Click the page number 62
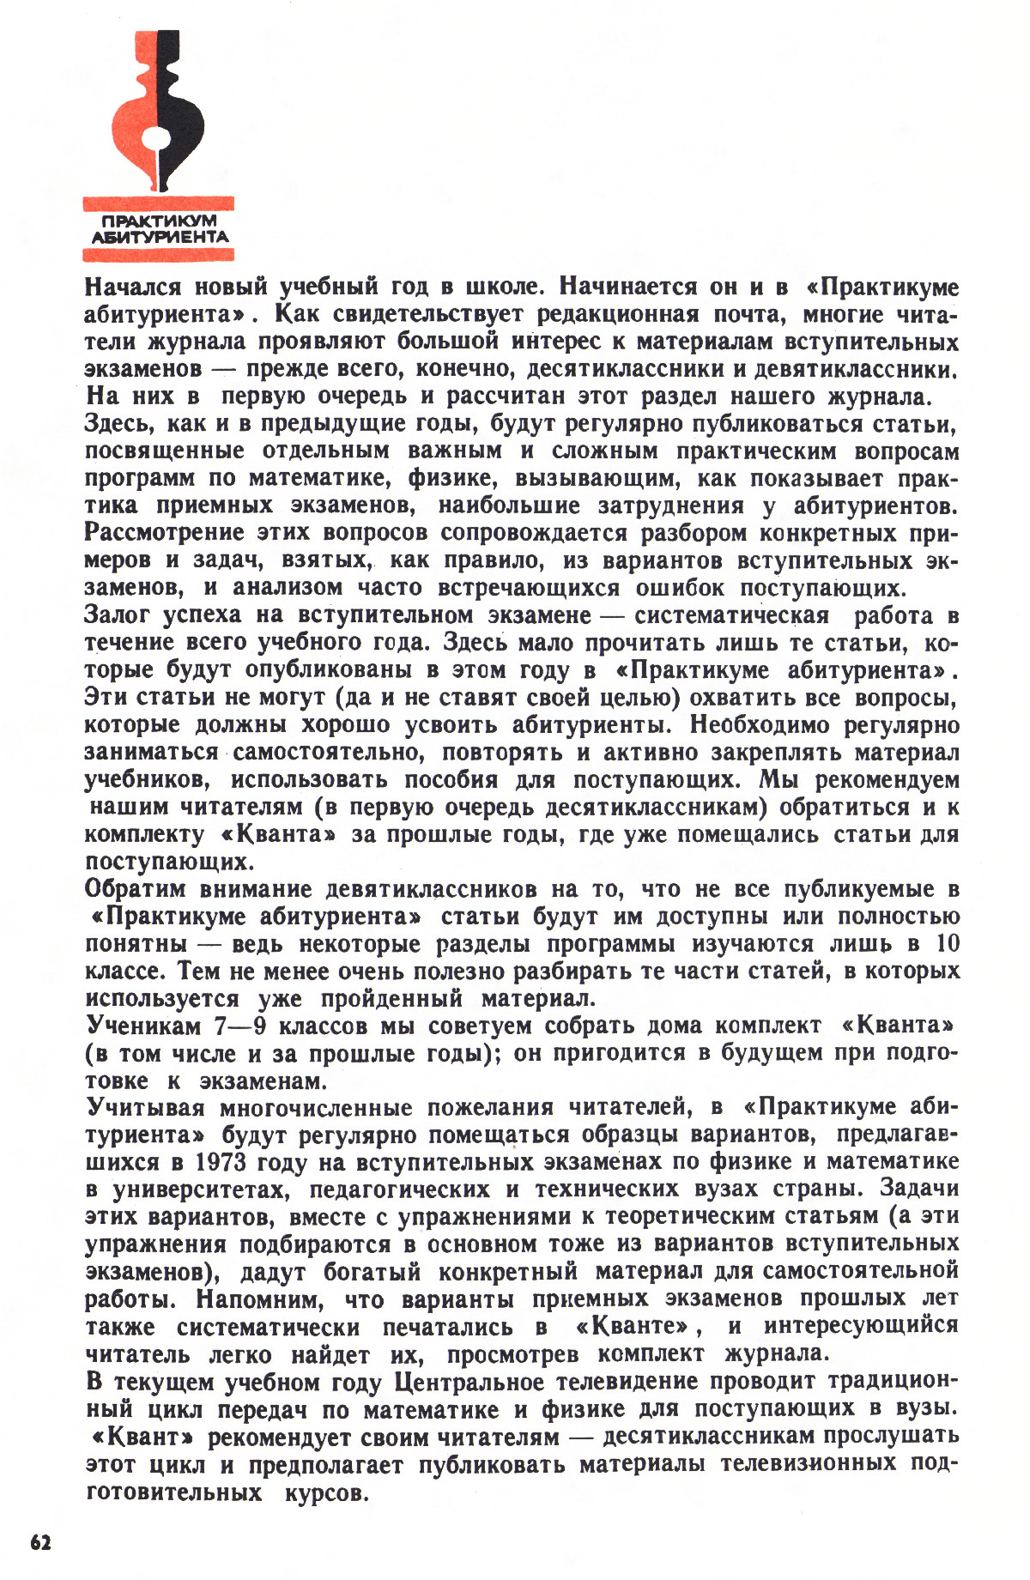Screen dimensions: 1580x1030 40,1541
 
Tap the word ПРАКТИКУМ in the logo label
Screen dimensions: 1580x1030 159,221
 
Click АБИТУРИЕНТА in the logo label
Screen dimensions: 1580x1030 159,236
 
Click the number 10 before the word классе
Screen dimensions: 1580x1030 947,943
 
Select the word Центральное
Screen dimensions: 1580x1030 470,1382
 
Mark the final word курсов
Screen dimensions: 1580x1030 322,1492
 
